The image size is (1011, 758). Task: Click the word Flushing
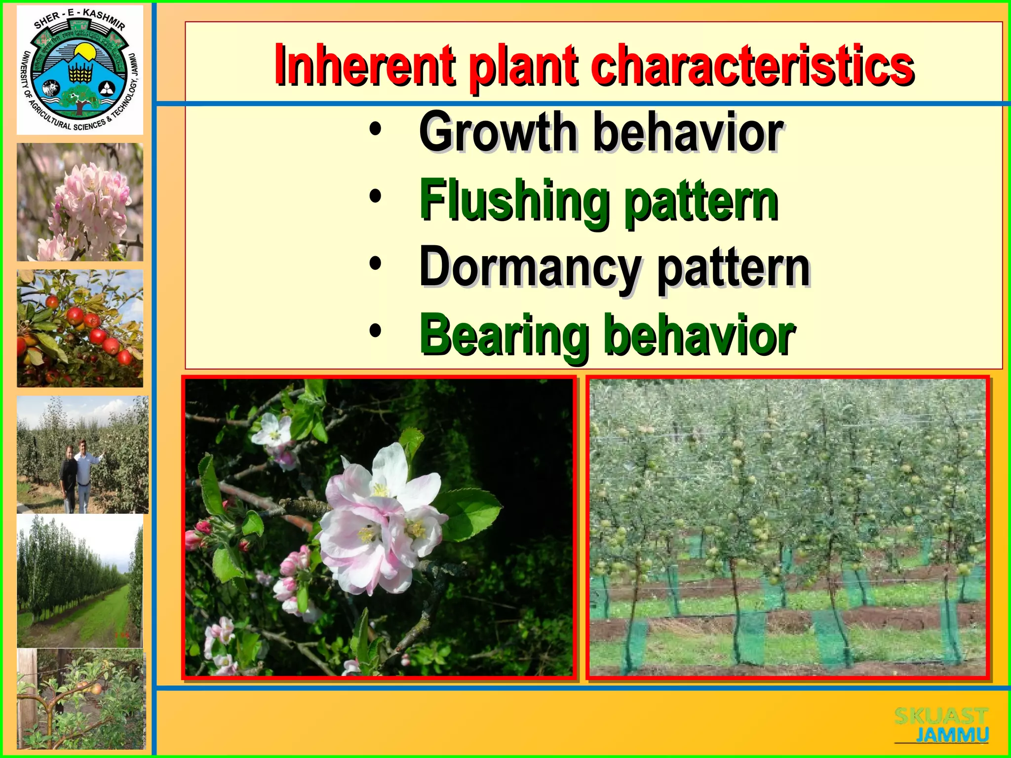(x=514, y=201)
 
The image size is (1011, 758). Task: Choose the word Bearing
(x=504, y=336)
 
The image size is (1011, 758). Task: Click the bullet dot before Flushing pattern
(x=375, y=197)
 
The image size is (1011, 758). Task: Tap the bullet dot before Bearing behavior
(x=375, y=331)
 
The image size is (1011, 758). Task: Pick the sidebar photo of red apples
(x=80, y=328)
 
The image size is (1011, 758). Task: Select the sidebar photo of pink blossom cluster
(x=80, y=202)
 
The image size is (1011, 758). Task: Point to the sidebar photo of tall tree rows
(x=80, y=581)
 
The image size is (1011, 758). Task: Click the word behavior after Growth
(x=689, y=132)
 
